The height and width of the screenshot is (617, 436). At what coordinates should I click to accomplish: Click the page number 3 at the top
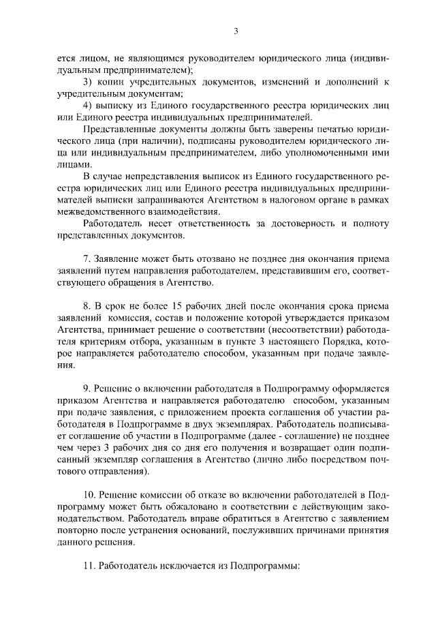tap(236, 30)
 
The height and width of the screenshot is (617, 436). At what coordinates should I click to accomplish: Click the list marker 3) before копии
tap(87, 82)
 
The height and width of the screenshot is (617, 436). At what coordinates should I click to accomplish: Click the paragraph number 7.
tap(86, 258)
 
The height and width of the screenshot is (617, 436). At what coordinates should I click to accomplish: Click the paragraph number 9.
tap(86, 389)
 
